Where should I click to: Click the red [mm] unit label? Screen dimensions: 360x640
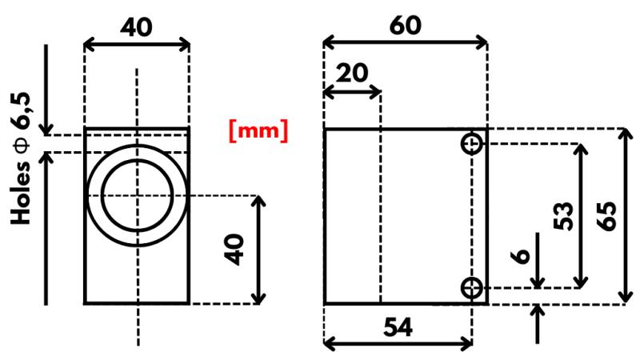[x=258, y=130]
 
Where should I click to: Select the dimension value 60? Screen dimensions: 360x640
[x=405, y=24]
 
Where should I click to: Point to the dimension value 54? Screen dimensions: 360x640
[x=398, y=326]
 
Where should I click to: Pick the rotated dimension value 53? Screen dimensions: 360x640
[x=565, y=215]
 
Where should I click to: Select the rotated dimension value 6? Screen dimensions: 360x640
[x=520, y=255]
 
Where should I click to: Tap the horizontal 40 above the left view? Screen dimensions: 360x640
[x=137, y=26]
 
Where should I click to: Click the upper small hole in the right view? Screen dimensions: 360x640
[x=472, y=144]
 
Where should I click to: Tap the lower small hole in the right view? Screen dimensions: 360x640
[x=472, y=287]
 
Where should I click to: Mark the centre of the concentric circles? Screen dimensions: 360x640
[x=137, y=196]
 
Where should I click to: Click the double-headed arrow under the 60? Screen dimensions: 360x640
[x=405, y=42]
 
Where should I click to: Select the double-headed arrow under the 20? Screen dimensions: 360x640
[x=351, y=92]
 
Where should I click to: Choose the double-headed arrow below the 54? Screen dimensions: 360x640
[x=398, y=344]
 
